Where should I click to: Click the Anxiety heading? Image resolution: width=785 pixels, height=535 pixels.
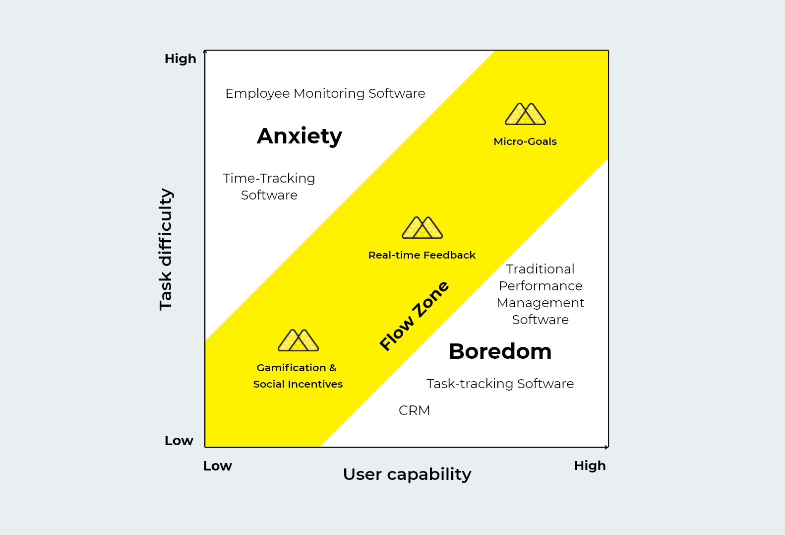(300, 136)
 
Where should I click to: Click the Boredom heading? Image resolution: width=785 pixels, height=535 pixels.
(500, 351)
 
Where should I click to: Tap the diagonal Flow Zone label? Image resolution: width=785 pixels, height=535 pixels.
(414, 316)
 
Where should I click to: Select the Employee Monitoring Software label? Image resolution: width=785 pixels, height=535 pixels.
(325, 93)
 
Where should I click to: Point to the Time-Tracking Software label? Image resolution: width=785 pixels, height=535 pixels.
(269, 187)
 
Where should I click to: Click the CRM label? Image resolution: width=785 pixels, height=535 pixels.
(414, 410)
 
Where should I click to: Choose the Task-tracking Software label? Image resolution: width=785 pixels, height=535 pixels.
(500, 384)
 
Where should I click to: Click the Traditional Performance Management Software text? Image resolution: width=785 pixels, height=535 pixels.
(540, 294)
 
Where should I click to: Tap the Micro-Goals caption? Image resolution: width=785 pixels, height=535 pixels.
(525, 141)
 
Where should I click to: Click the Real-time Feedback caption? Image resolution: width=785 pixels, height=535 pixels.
(422, 255)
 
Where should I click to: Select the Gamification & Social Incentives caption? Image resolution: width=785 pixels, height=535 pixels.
(298, 376)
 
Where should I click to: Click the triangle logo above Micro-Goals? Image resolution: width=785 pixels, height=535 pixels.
(525, 114)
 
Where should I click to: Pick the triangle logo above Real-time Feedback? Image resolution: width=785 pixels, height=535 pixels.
(422, 227)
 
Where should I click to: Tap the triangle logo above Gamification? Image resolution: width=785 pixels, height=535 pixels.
(298, 340)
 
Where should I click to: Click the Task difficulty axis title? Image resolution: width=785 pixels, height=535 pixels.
(166, 249)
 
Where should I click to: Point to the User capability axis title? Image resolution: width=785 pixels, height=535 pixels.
(407, 474)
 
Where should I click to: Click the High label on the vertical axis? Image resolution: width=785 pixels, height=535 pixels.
(181, 59)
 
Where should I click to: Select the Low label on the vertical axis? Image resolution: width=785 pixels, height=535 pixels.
(179, 441)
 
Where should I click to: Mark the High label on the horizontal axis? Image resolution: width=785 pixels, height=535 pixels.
(590, 466)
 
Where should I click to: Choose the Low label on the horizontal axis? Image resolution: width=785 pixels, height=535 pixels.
(218, 466)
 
